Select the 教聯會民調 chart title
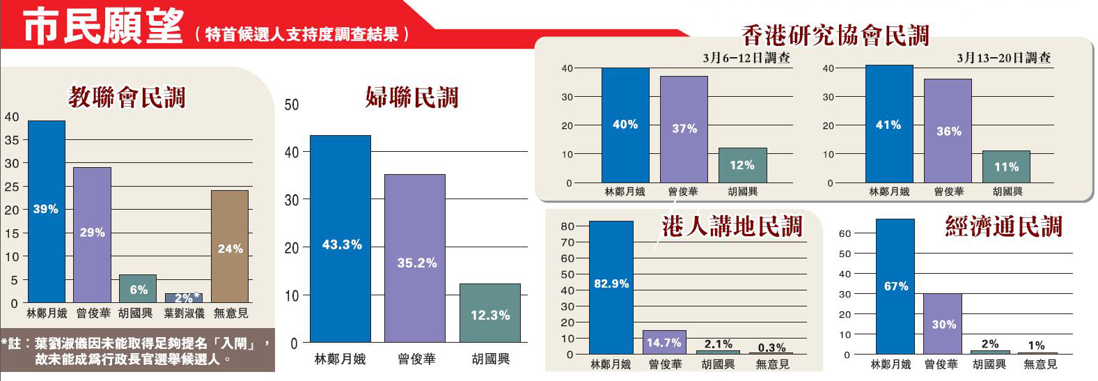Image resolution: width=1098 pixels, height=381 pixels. click(127, 98)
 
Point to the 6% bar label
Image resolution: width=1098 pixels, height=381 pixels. click(138, 290)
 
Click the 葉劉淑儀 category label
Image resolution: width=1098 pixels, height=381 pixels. click(184, 313)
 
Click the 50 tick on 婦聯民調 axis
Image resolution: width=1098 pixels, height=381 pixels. click(292, 104)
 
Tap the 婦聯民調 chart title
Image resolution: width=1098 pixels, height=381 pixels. click(411, 98)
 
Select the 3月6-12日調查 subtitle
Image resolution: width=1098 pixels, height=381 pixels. click(746, 59)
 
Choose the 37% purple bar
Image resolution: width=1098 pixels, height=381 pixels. click(684, 129)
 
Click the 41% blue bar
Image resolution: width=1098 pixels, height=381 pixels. click(888, 124)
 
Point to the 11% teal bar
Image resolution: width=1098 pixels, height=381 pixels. click(1006, 167)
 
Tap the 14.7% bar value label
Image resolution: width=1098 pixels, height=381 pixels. click(664, 343)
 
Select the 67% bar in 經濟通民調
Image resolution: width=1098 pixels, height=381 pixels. click(895, 286)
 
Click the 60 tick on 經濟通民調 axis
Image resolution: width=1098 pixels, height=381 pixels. click(845, 233)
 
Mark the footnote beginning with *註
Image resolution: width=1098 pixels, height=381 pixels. click(136, 352)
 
